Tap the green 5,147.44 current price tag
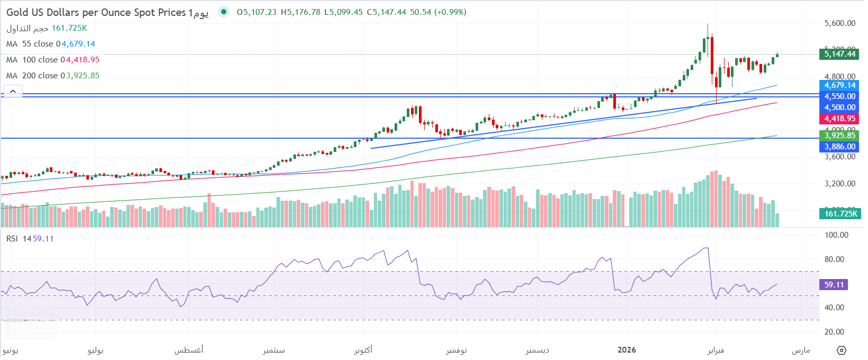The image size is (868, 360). (x=839, y=53)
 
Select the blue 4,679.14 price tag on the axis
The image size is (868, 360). (x=839, y=85)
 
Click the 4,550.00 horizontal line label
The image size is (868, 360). (x=839, y=96)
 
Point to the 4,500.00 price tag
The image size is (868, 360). (x=839, y=107)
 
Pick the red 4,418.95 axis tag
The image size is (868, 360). (x=839, y=119)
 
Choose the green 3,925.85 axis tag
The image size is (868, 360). (x=839, y=136)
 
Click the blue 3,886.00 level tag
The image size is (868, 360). (x=839, y=147)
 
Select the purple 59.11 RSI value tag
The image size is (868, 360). (x=834, y=285)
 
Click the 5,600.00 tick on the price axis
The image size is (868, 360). (x=840, y=23)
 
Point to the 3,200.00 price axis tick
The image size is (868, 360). (x=840, y=184)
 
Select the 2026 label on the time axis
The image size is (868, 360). (x=627, y=350)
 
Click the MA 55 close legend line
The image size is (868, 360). (x=51, y=44)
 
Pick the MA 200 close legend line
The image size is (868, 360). (x=53, y=76)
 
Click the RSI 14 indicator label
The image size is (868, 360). (x=30, y=239)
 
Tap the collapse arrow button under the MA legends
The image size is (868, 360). (x=13, y=91)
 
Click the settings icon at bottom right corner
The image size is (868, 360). (x=842, y=350)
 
